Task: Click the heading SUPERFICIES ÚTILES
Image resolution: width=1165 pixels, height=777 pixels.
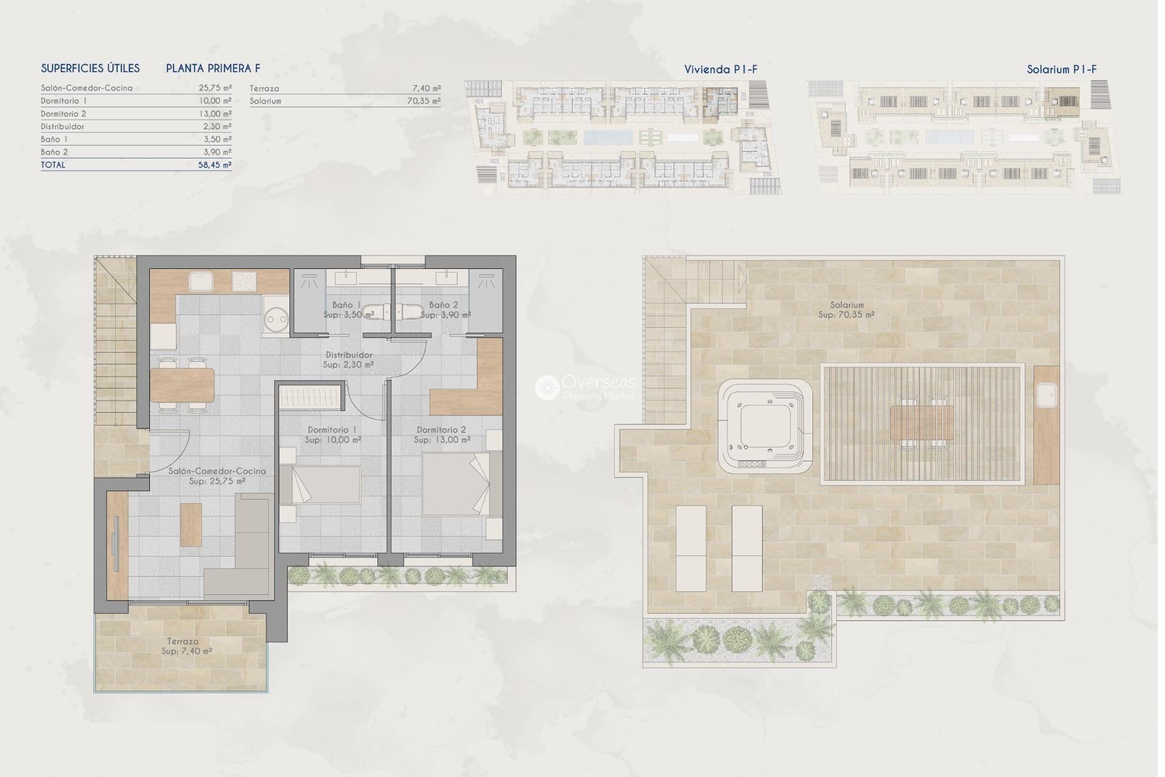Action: (x=90, y=69)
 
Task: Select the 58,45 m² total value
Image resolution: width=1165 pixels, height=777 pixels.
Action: (x=215, y=165)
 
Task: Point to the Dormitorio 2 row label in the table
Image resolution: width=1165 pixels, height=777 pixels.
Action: (x=64, y=114)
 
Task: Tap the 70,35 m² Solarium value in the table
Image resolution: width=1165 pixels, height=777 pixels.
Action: (x=424, y=101)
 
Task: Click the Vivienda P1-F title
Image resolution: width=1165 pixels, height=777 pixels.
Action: (x=721, y=69)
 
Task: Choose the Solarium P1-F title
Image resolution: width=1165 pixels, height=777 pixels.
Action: (x=1061, y=69)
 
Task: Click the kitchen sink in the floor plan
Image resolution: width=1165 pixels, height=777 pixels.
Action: (x=201, y=282)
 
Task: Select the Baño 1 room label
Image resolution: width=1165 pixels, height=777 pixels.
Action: (x=346, y=305)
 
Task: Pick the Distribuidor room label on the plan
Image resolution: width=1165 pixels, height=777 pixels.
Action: (x=349, y=355)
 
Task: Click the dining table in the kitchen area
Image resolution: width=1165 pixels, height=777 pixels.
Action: (x=182, y=385)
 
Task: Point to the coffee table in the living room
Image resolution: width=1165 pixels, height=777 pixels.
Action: (x=191, y=524)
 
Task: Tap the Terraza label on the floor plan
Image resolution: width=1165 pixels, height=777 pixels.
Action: (x=183, y=641)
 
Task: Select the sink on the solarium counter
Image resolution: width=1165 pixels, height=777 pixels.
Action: (x=1046, y=395)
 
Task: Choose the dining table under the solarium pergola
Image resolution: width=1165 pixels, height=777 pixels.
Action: (x=922, y=423)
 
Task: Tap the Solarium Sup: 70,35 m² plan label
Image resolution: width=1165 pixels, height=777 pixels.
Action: (x=846, y=310)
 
